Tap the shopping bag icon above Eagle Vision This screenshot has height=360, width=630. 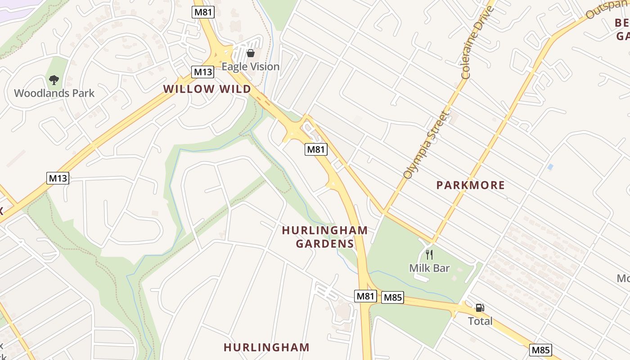tap(251, 54)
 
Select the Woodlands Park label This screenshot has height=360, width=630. tap(54, 93)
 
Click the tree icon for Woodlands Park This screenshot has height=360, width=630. tap(54, 80)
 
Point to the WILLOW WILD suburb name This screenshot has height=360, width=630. tap(207, 89)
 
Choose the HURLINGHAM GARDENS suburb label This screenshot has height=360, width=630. tap(324, 237)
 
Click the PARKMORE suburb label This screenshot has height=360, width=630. tap(470, 185)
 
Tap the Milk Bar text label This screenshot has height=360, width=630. tap(429, 268)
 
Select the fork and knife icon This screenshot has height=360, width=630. tap(429, 255)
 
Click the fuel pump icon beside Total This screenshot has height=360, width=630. tap(480, 308)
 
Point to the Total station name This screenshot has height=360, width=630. tap(480, 321)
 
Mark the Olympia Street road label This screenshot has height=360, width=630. tap(426, 145)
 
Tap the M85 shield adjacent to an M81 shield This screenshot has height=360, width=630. tap(392, 297)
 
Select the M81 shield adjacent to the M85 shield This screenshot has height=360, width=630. tap(365, 296)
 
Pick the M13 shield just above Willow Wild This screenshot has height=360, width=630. tap(202, 72)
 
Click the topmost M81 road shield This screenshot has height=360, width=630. tap(203, 12)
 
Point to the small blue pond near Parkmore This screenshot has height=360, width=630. tap(550, 167)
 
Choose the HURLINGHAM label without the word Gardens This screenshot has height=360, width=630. tap(266, 347)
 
